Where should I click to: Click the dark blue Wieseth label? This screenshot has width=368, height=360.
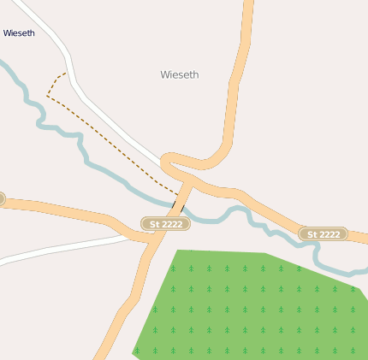pos(19,33)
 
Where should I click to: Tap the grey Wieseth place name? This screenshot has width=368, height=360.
pos(180,74)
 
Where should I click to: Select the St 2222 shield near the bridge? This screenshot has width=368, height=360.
pos(166,224)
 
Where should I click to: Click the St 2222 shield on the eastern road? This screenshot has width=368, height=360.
pos(323,233)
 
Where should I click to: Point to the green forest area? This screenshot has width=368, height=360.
pos(257,308)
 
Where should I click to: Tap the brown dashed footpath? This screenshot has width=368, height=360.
pos(111,137)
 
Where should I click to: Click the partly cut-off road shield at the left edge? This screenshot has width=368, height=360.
pos(2,199)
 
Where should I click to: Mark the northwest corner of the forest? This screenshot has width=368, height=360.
pos(178,251)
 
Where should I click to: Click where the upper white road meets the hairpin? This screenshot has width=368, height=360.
pos(163,161)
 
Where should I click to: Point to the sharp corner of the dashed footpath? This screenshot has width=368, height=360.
pos(47,96)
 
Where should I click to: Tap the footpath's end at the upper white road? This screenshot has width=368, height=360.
pos(65,74)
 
